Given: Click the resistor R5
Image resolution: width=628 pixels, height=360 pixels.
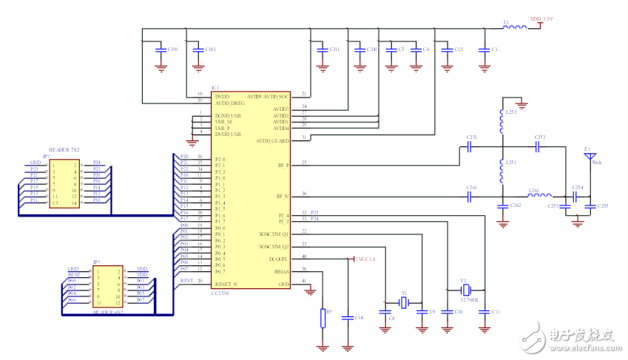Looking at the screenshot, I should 323,317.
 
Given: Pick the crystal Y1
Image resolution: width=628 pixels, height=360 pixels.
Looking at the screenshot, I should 403,301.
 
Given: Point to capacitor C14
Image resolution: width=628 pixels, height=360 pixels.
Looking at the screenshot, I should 348,317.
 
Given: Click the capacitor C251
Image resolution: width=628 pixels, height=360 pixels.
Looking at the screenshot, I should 470,146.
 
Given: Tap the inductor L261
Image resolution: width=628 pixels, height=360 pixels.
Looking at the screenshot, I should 539,197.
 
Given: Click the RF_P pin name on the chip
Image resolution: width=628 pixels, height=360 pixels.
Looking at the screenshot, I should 283,165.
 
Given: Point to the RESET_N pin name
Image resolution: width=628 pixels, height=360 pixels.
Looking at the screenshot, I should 226,284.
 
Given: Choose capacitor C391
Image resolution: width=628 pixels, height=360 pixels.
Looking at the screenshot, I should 161,50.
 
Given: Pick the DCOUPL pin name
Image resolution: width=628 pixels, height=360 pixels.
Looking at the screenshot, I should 278,259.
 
